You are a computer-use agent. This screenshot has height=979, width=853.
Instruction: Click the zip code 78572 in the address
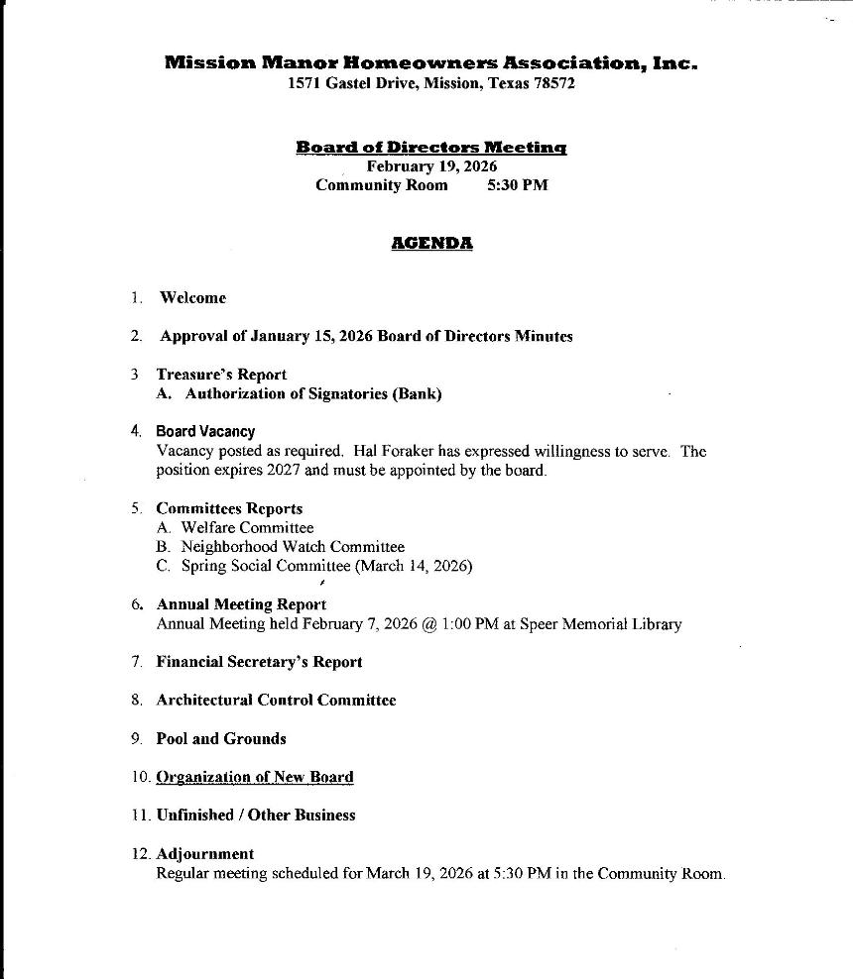point(553,84)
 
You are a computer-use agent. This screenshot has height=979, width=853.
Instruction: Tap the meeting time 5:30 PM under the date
point(517,185)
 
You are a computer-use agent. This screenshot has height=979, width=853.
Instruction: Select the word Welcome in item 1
point(192,297)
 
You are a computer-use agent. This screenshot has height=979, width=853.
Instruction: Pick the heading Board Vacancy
point(205,432)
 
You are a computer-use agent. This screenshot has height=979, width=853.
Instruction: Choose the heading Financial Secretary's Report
point(259,662)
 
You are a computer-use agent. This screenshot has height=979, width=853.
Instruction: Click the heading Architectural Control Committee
point(276,701)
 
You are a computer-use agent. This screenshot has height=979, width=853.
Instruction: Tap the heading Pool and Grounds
point(220,739)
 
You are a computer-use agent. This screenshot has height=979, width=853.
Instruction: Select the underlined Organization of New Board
point(255,778)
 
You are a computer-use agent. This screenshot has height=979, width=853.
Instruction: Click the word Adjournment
point(205,854)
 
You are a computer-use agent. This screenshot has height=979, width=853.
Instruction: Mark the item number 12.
point(139,854)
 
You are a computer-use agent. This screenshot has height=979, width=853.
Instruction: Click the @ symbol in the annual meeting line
point(428,624)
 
